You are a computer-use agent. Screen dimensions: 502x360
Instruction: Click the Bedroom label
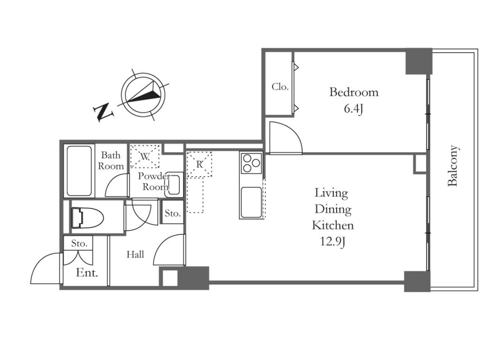click(354, 92)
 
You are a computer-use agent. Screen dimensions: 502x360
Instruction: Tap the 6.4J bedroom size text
click(353, 109)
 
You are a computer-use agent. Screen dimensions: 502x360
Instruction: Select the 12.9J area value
click(333, 242)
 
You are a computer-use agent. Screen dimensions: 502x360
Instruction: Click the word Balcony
click(453, 166)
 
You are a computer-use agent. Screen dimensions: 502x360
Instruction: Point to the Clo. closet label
click(280, 87)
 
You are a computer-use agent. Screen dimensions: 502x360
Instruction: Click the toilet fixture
click(87, 218)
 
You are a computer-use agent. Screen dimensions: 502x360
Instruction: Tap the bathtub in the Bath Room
click(79, 171)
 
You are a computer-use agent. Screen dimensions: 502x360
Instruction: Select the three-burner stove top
click(251, 163)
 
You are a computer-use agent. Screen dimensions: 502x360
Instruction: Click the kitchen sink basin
click(251, 202)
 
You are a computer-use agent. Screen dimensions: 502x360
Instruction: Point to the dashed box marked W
click(145, 157)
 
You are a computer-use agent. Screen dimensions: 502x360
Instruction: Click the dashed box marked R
click(199, 164)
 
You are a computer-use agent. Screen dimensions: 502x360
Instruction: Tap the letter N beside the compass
click(103, 112)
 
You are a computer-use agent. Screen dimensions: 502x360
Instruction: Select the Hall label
click(135, 255)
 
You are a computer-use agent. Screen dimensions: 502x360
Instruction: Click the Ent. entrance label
click(87, 273)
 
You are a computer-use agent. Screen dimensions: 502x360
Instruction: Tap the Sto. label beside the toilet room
click(173, 213)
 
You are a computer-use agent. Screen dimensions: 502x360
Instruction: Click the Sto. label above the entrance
click(79, 243)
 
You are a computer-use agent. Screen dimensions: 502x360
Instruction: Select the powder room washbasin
click(174, 185)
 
